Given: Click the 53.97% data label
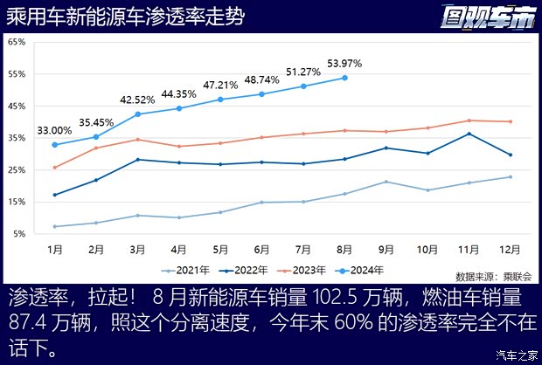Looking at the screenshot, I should pyautogui.click(x=344, y=64).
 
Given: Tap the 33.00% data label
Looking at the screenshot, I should pyautogui.click(x=54, y=131).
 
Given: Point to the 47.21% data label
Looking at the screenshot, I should pyautogui.click(x=220, y=86).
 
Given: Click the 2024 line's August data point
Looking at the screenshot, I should pyautogui.click(x=344, y=78).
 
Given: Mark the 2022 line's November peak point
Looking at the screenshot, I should pyautogui.click(x=469, y=134).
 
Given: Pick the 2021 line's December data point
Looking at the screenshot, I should pyautogui.click(x=511, y=177).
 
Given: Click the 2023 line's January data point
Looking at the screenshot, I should pyautogui.click(x=54, y=168).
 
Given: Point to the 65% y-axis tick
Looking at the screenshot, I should pyautogui.click(x=17, y=42).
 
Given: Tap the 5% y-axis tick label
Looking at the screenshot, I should pyautogui.click(x=18, y=234).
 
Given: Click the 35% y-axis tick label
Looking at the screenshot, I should pyautogui.click(x=17, y=138).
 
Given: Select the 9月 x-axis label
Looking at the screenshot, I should pyautogui.click(x=386, y=250).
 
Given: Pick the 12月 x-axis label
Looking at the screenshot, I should pyautogui.click(x=511, y=250).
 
